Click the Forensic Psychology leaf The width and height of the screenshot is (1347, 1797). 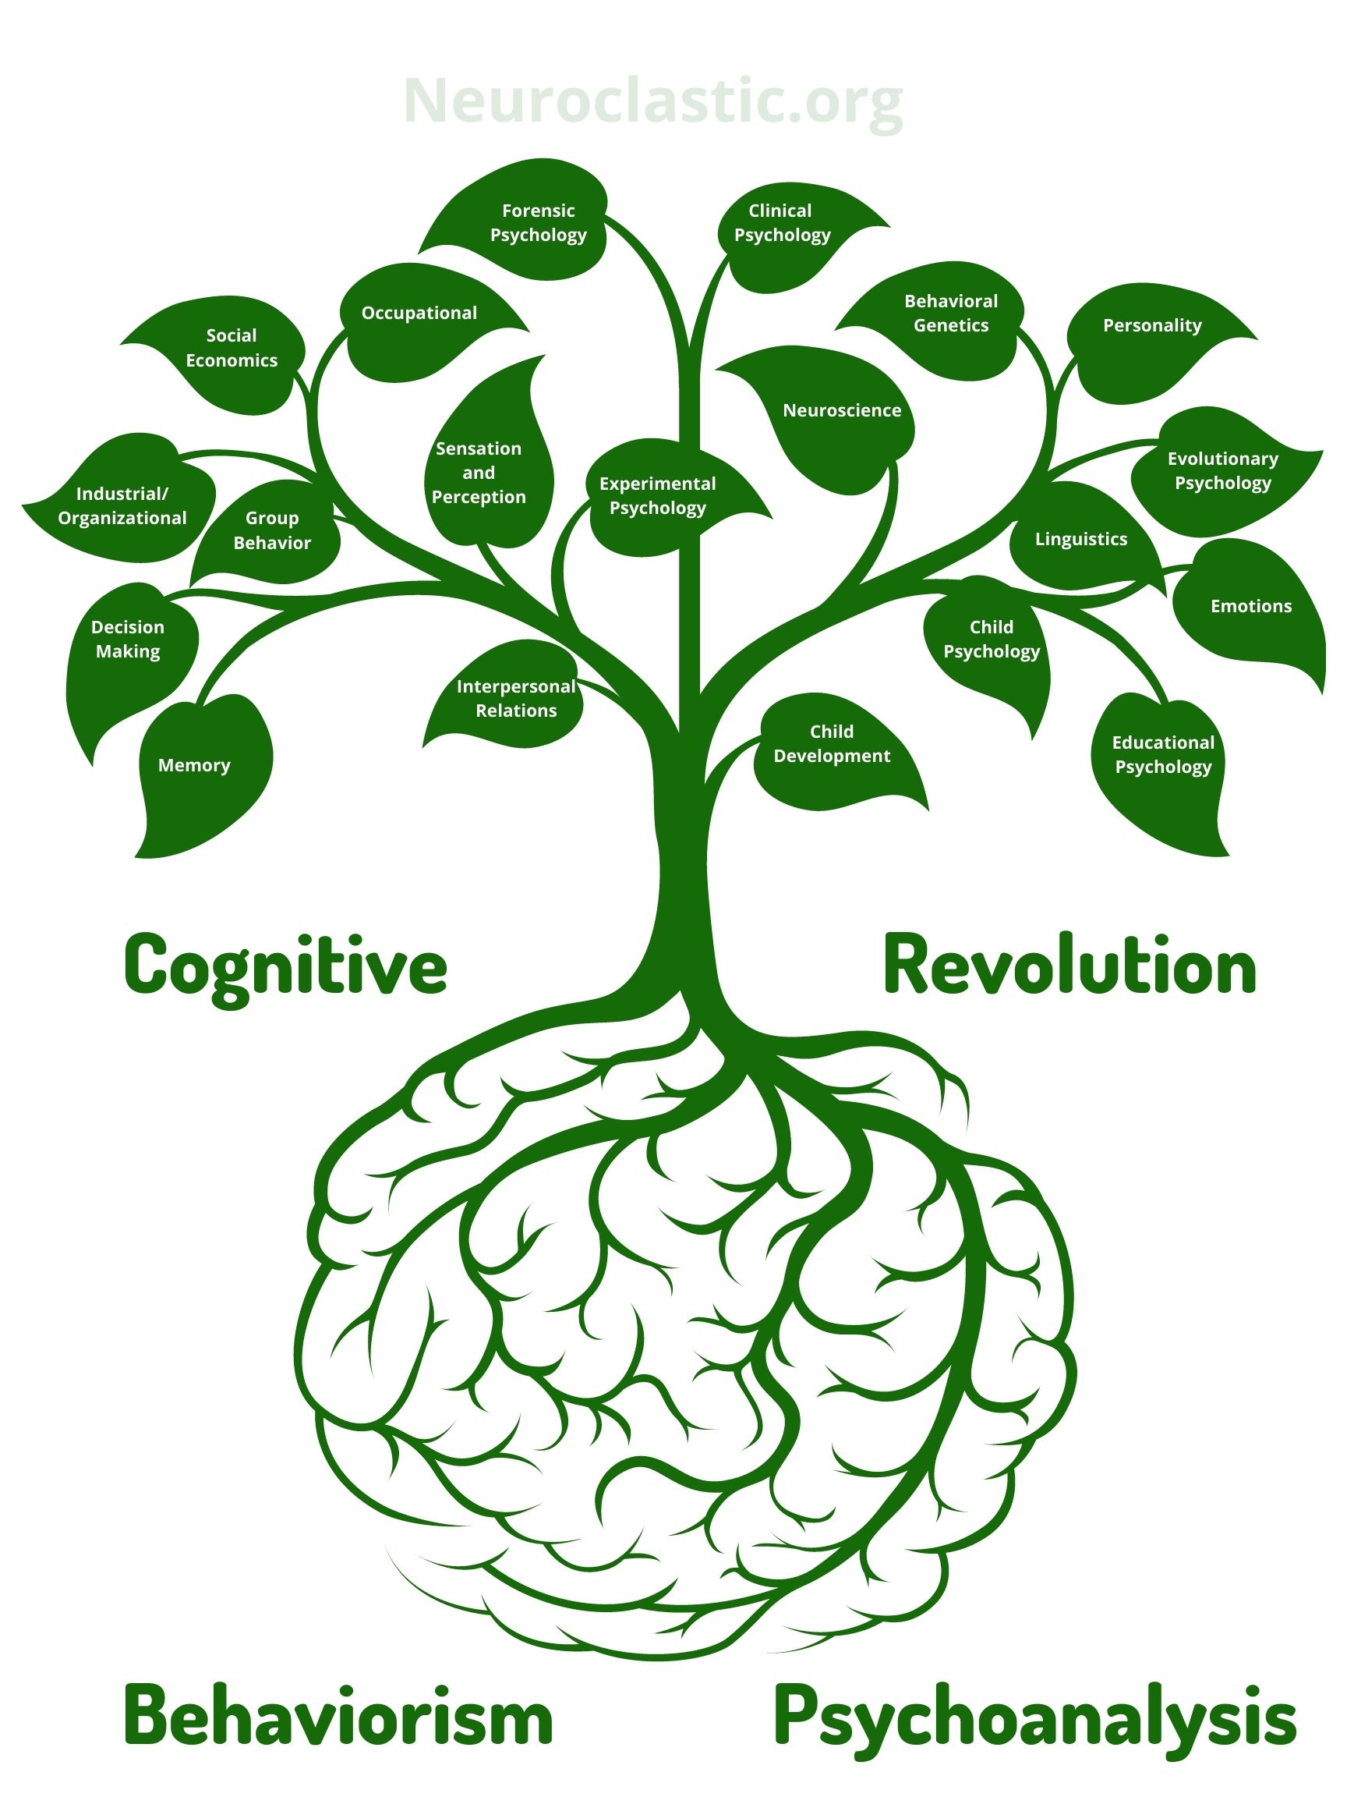point(538,222)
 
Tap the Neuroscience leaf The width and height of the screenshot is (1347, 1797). point(841,411)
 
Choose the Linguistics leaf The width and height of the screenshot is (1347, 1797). point(1080,540)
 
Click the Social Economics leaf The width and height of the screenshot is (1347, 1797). point(232,349)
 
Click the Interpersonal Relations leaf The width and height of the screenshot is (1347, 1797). point(515,699)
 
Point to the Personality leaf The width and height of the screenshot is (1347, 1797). point(1151,327)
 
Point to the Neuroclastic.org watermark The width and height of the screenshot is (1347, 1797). point(652,101)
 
